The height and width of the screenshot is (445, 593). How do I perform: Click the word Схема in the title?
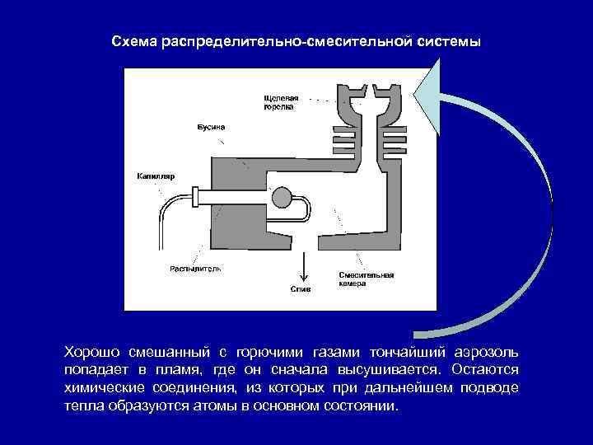134,41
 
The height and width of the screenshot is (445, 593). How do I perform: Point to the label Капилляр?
153,176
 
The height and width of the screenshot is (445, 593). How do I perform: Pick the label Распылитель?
195,269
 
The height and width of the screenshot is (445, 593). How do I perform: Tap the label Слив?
300,289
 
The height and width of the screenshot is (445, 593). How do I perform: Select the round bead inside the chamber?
282,198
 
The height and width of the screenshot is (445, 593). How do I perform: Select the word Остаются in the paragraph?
489,370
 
